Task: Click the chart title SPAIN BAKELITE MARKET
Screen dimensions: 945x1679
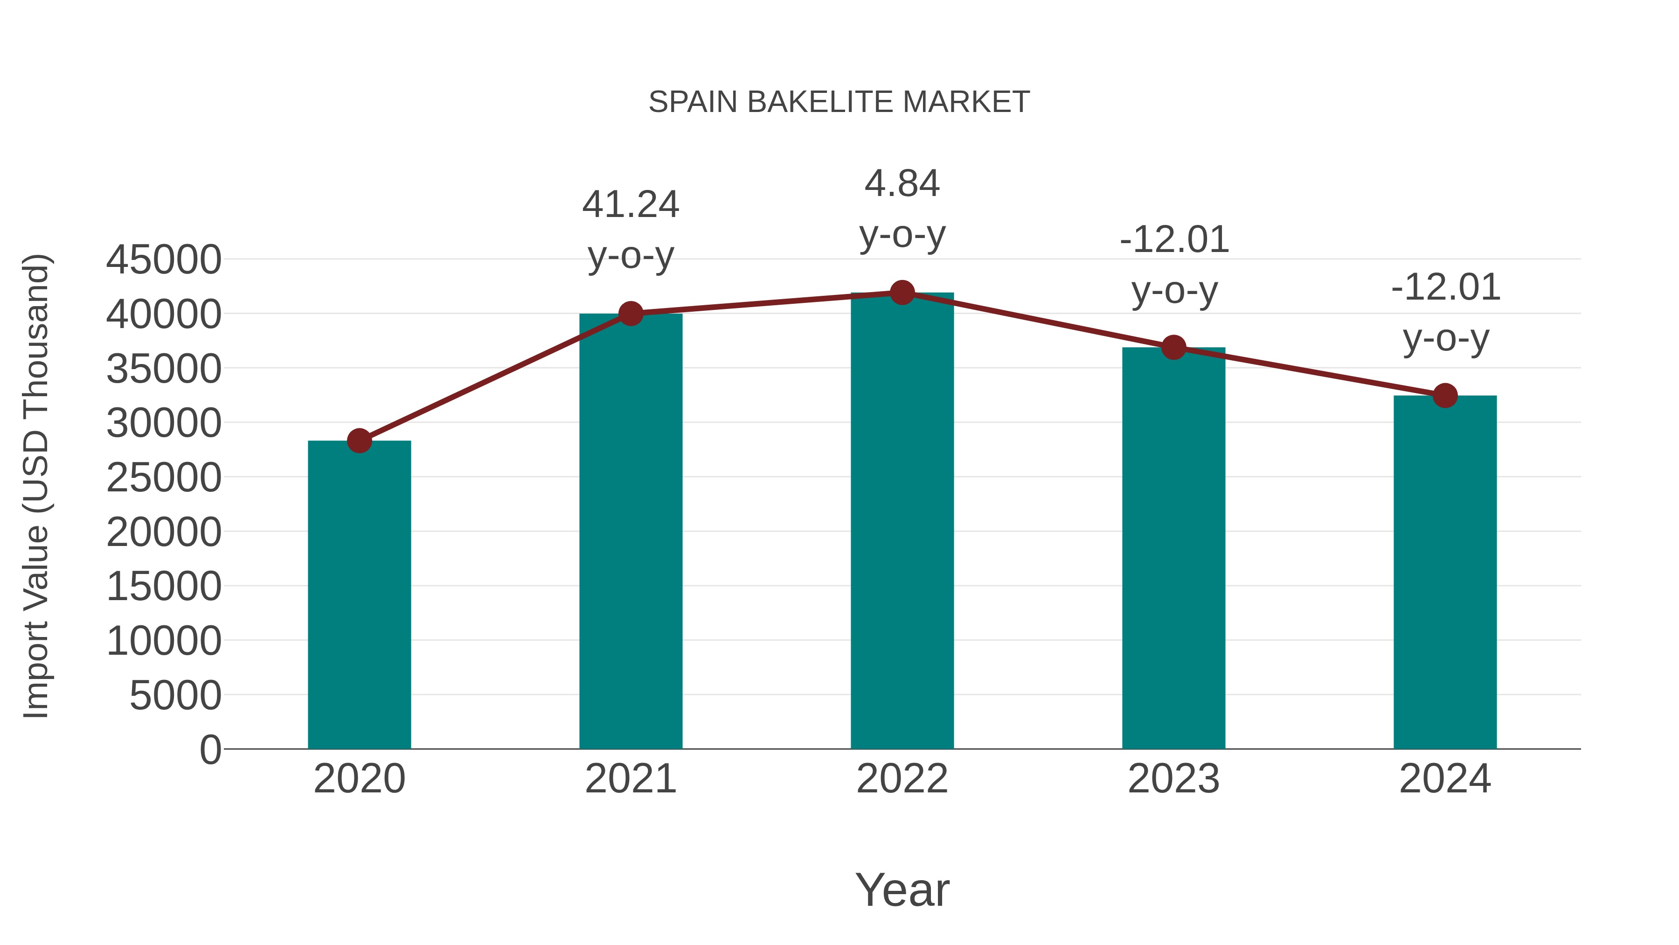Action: tap(839, 102)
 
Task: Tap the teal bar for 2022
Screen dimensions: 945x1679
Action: tap(902, 522)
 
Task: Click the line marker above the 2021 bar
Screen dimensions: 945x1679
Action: tap(630, 314)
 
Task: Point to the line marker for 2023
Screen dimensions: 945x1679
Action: tap(1173, 348)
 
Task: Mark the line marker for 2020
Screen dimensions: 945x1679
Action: tap(359, 441)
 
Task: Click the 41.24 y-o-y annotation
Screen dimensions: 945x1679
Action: tap(630, 230)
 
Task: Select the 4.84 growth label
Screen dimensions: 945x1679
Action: tap(902, 209)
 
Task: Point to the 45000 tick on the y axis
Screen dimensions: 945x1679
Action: tap(164, 259)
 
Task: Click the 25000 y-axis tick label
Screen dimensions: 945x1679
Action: tap(164, 477)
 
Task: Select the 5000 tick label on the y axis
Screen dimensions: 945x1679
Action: tap(175, 695)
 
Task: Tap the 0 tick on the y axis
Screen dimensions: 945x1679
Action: tap(210, 749)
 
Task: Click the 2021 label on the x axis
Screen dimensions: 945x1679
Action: tap(630, 779)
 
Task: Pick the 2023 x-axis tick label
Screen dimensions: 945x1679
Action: tap(1173, 779)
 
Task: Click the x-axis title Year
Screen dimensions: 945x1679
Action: tap(902, 889)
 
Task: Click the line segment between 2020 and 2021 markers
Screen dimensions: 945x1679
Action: tap(495, 378)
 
